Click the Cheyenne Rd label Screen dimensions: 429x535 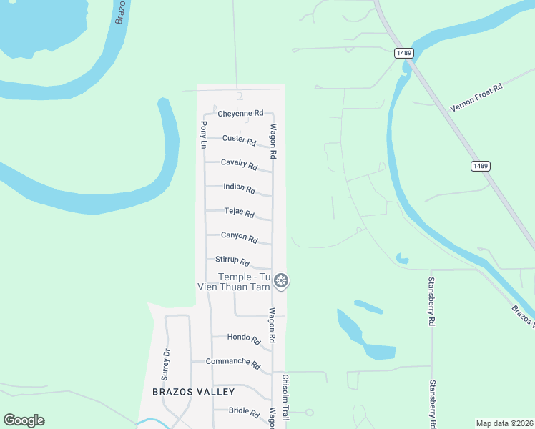[x=241, y=113]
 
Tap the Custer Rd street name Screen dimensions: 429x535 [x=239, y=139]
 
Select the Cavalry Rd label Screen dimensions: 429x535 [x=239, y=164]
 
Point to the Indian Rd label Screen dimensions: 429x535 [x=239, y=189]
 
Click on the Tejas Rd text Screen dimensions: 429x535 [x=239, y=212]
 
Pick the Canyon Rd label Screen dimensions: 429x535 [x=239, y=237]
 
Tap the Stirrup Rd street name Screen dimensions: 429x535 [x=232, y=261]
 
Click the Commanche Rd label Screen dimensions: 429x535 [x=232, y=363]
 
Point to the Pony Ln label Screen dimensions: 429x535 [x=203, y=134]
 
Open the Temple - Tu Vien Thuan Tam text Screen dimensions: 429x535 [x=235, y=282]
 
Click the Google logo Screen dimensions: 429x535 [x=24, y=420]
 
